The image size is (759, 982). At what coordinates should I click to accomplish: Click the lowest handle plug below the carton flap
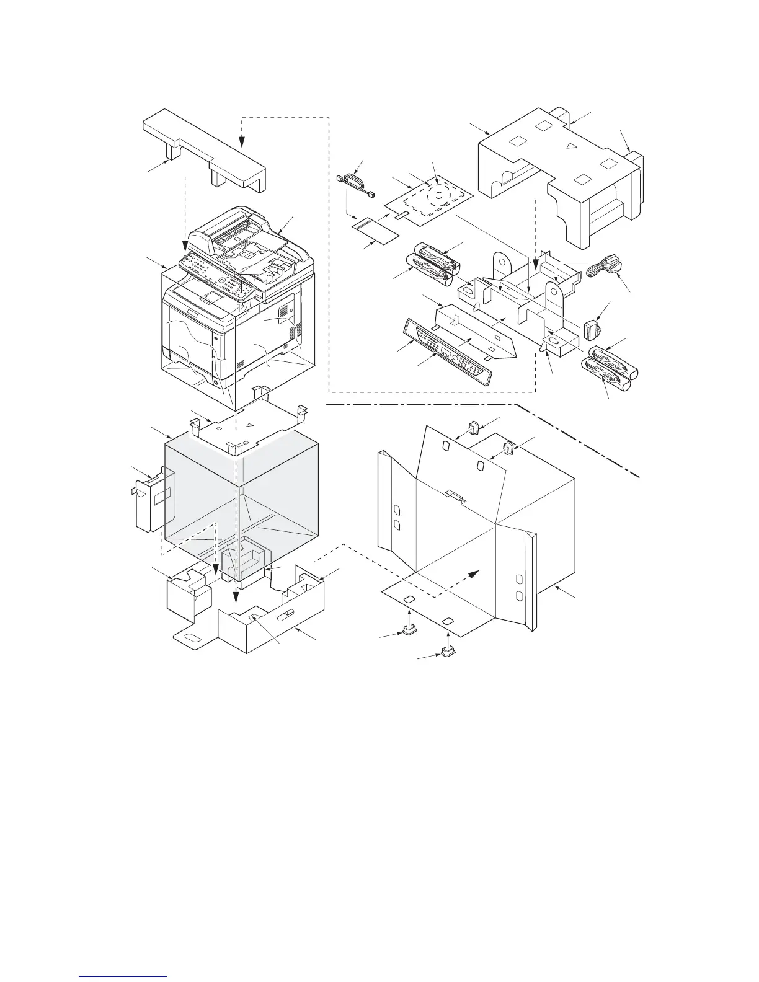pos(447,651)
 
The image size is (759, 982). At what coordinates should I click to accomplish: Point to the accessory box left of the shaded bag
pos(151,500)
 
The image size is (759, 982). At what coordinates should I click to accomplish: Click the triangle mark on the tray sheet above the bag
pos(249,425)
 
